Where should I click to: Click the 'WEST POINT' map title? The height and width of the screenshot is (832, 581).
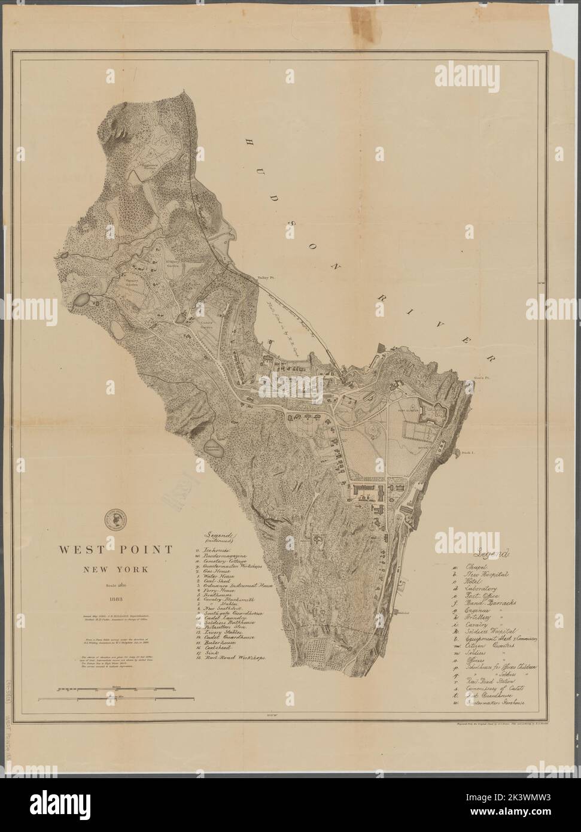pyautogui.click(x=115, y=549)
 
